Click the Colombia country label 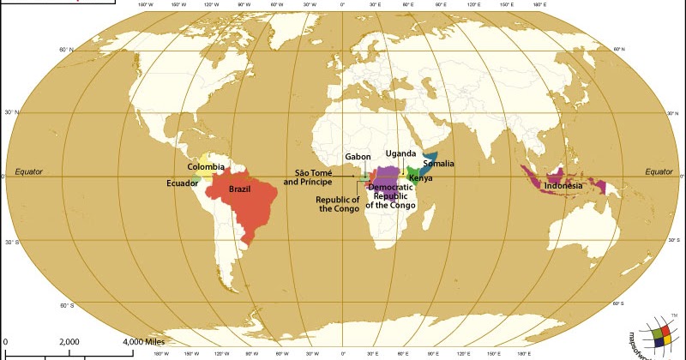(207, 166)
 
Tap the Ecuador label (183, 183)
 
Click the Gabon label (358, 157)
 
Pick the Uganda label (400, 153)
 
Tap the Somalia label (438, 164)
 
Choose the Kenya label (420, 178)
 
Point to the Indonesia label (563, 185)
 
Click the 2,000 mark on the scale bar (69, 342)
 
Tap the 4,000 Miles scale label (144, 342)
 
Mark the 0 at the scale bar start (5, 342)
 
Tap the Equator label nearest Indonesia (659, 171)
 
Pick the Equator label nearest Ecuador (28, 171)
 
